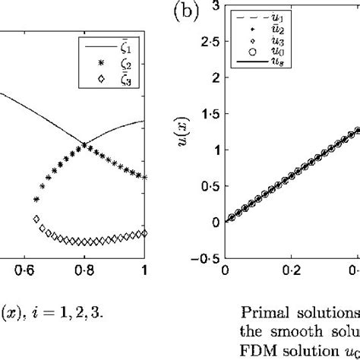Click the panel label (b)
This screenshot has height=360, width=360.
(x=186, y=14)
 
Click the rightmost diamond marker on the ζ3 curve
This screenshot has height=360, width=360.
(x=144, y=233)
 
